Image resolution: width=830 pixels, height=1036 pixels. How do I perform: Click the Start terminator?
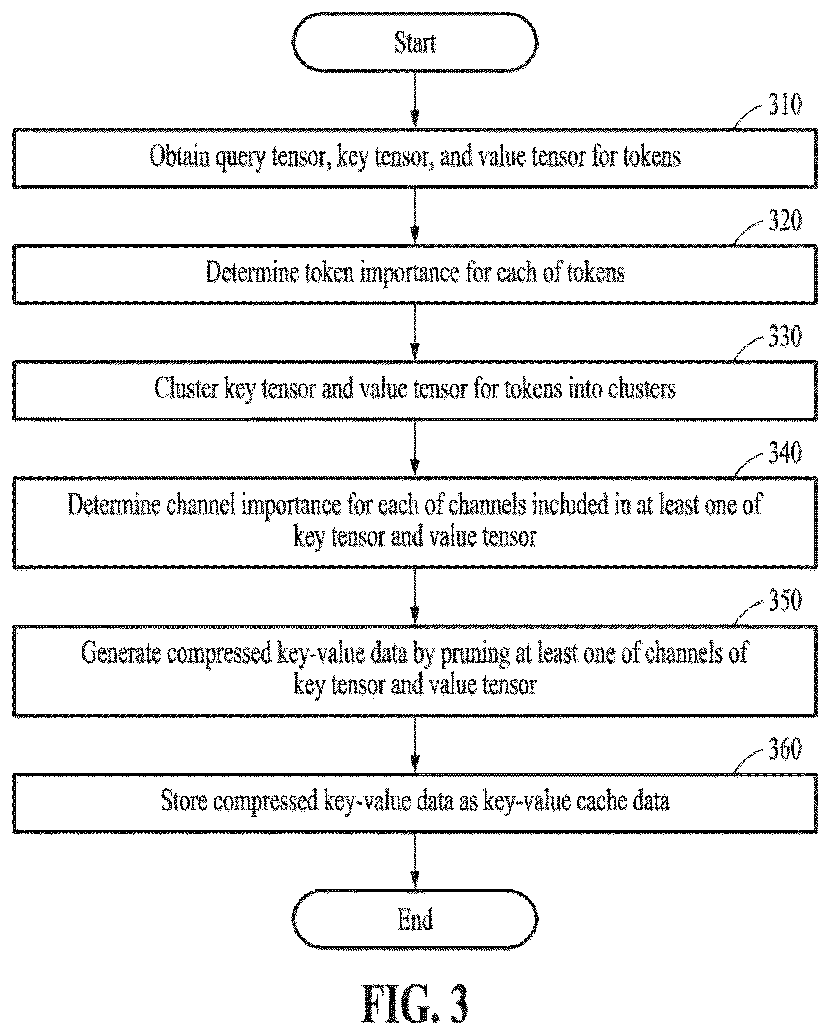pyautogui.click(x=415, y=43)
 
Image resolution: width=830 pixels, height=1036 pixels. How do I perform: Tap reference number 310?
pyautogui.click(x=785, y=104)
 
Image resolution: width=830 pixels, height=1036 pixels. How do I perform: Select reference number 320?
pyautogui.click(x=785, y=220)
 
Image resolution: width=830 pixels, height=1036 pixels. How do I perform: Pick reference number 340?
pyautogui.click(x=785, y=452)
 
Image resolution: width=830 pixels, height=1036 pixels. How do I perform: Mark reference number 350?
pyautogui.click(x=785, y=600)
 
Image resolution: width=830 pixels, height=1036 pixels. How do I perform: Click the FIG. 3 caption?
pyautogui.click(x=415, y=1004)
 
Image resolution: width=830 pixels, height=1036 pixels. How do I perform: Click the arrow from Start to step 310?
pyautogui.click(x=415, y=100)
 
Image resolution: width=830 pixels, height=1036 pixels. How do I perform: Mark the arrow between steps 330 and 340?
pyautogui.click(x=415, y=448)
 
